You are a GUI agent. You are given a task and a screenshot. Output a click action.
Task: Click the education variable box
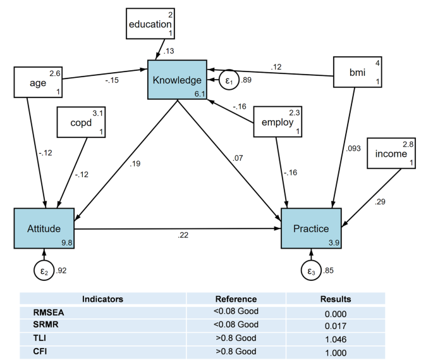[x=149, y=24]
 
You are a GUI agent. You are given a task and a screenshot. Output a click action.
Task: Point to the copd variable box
[x=82, y=121]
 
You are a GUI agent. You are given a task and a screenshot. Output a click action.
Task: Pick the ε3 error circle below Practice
[x=311, y=271]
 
